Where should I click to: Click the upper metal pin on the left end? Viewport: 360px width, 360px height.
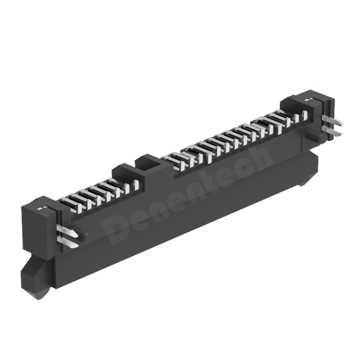coord(67,230)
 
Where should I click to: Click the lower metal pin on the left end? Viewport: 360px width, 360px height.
coord(67,241)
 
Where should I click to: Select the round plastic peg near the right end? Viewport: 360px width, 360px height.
coord(317,135)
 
